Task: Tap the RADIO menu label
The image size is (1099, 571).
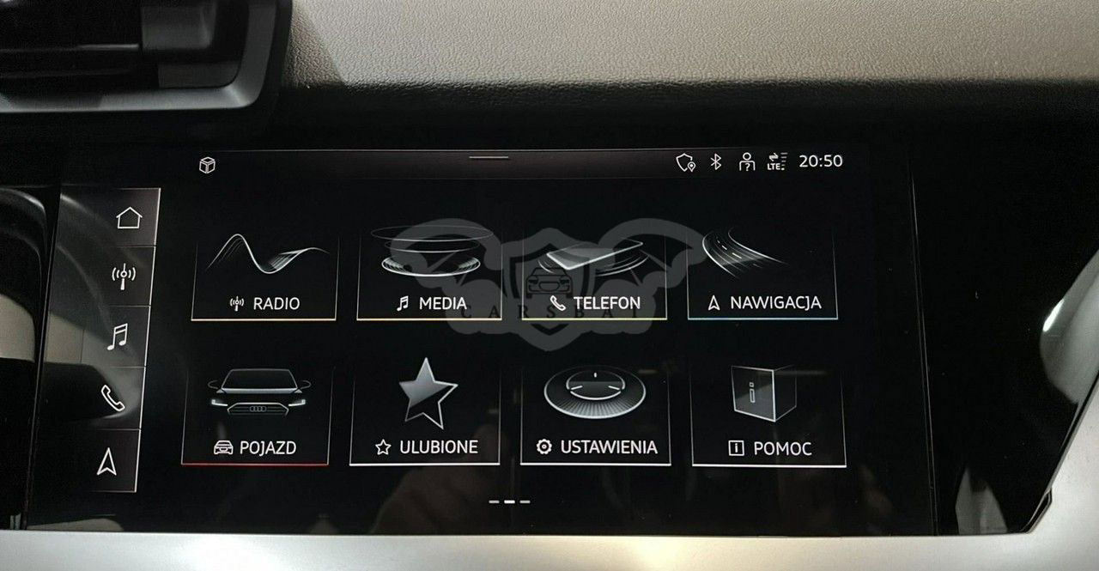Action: [x=276, y=304]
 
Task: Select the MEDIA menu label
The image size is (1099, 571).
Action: [x=442, y=304]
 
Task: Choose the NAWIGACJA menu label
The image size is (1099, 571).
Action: [x=775, y=302]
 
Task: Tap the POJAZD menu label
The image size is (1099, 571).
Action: [x=268, y=448]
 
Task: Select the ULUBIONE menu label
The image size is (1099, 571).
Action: [x=439, y=446]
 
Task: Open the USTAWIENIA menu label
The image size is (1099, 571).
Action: [x=609, y=447]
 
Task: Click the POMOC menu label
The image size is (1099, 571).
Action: [x=782, y=448]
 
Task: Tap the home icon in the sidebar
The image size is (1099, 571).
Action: [x=129, y=218]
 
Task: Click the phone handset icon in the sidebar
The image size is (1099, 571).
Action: [x=112, y=398]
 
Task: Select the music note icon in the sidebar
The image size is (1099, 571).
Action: [x=118, y=337]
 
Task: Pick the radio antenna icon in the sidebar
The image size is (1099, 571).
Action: [x=123, y=276]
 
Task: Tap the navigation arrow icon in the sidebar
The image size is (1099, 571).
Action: [x=107, y=462]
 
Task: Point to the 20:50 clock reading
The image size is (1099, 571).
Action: [x=821, y=161]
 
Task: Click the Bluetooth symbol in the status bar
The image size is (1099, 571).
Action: [x=716, y=161]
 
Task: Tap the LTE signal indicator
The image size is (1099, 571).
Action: [x=777, y=161]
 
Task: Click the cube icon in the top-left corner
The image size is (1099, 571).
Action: [x=208, y=166]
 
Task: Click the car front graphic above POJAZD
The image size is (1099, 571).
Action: [x=258, y=392]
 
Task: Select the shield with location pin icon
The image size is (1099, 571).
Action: [x=685, y=162]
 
